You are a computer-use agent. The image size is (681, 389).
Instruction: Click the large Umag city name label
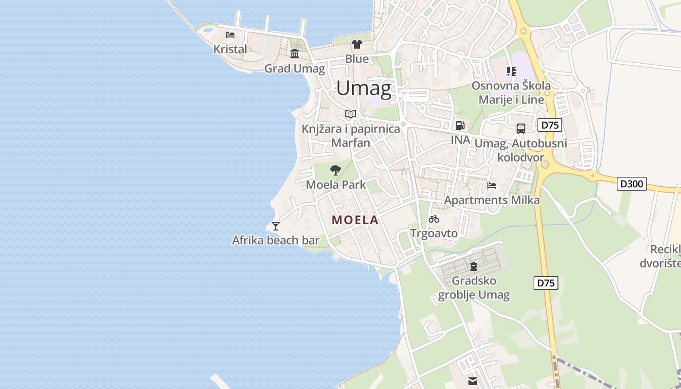click(x=364, y=88)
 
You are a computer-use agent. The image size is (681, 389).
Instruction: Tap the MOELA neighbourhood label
click(x=355, y=220)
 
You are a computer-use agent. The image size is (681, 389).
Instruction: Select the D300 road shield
click(x=632, y=184)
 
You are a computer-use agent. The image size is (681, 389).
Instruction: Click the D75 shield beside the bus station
click(x=550, y=125)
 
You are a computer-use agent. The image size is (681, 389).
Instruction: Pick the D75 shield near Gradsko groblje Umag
click(x=546, y=283)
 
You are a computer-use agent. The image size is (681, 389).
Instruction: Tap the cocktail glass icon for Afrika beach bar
click(x=276, y=226)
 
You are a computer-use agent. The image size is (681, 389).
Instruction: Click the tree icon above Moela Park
click(x=335, y=170)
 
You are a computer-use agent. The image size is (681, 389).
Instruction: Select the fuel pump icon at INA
click(x=460, y=125)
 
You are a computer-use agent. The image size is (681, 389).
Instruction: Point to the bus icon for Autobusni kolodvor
click(x=521, y=129)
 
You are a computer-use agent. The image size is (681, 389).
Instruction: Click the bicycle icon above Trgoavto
click(x=434, y=219)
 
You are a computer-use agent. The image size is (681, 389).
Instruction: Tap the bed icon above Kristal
click(x=230, y=35)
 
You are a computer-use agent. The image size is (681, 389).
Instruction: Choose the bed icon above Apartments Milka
click(x=492, y=185)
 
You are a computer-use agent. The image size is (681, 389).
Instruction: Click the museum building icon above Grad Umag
click(x=295, y=53)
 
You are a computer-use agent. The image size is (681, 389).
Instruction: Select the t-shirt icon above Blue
click(x=357, y=44)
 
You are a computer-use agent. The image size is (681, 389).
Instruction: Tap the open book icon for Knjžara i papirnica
click(x=351, y=114)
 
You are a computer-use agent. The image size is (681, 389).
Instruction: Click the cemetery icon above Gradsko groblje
click(x=474, y=266)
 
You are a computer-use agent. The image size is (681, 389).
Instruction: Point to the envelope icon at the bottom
click(x=473, y=381)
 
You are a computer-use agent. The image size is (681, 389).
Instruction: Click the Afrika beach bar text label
click(x=276, y=240)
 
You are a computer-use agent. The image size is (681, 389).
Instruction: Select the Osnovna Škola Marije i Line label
click(x=511, y=93)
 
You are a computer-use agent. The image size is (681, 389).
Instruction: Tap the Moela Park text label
click(x=336, y=185)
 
